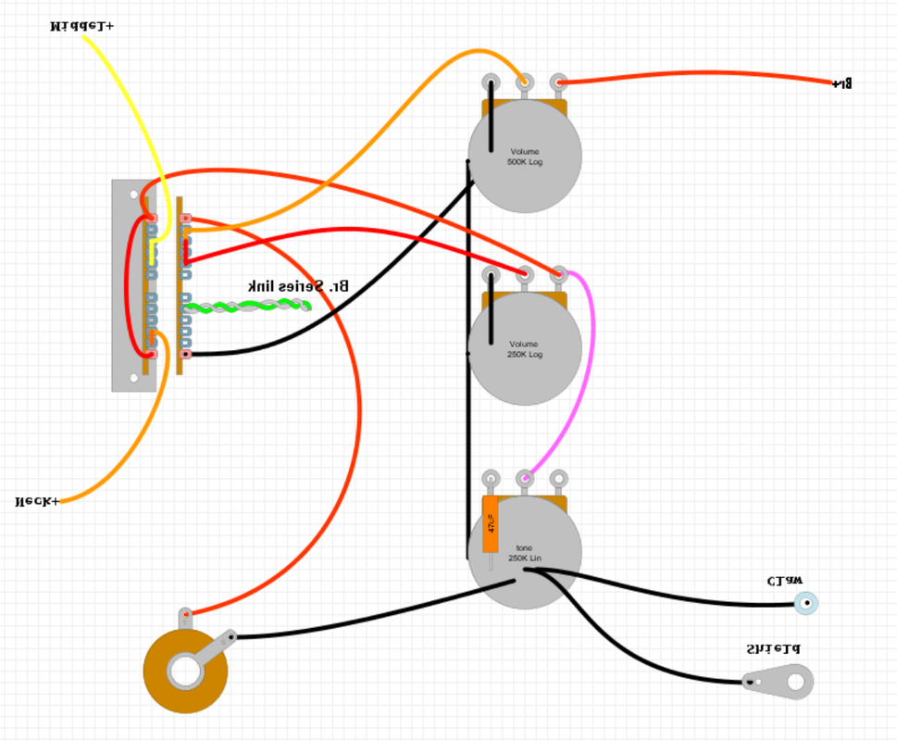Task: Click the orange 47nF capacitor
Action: [x=491, y=524]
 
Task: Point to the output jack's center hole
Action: [x=185, y=672]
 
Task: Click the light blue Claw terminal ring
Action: [x=806, y=604]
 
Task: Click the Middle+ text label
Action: [x=81, y=26]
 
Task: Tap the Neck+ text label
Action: [x=37, y=501]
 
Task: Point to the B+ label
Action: [x=841, y=83]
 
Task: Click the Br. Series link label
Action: [x=298, y=286]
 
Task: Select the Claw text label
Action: [x=785, y=582]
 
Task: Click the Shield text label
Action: [x=773, y=649]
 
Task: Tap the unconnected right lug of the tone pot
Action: [x=558, y=479]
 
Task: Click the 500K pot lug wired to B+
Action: [x=558, y=82]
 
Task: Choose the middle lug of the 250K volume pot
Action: [x=525, y=274]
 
